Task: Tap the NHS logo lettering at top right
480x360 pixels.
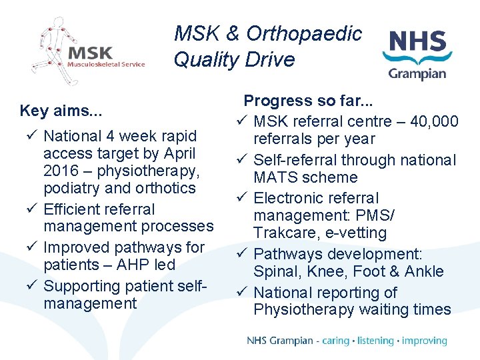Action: click(417, 41)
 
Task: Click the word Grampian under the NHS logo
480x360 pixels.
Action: click(417, 73)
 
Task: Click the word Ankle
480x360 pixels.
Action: click(422, 271)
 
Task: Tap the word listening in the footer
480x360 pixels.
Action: click(375, 341)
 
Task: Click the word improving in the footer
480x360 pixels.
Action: click(425, 341)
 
